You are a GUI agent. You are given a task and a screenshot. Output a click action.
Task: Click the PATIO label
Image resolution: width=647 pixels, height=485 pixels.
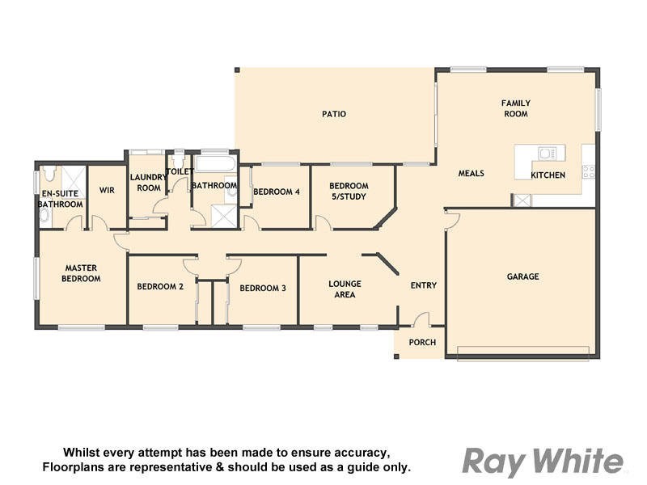[x=334, y=114]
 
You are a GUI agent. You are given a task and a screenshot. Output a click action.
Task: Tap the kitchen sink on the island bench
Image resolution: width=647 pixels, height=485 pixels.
[x=546, y=153]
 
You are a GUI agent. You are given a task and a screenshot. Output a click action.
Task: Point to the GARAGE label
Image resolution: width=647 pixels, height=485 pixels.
[x=522, y=276]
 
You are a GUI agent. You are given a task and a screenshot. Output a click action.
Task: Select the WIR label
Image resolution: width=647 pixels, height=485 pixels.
[x=107, y=191]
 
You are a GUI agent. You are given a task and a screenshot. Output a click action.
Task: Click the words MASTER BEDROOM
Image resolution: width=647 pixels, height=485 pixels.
[x=82, y=273]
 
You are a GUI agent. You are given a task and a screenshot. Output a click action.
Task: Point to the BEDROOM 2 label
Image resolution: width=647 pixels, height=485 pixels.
[x=160, y=287]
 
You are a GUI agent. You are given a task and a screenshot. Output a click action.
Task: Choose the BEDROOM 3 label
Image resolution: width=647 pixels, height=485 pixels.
[x=264, y=288]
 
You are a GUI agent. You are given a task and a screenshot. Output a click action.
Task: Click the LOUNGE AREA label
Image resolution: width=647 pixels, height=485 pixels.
[x=345, y=289]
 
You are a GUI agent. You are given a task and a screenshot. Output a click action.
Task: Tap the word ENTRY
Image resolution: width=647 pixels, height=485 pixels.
[x=423, y=285]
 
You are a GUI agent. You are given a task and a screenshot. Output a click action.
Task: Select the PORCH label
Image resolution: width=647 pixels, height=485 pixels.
[x=422, y=343]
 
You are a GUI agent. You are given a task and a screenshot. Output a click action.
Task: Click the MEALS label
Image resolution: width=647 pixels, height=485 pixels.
[x=472, y=174]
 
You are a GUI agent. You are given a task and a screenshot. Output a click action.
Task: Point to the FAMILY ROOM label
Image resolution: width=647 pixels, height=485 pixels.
[x=515, y=108]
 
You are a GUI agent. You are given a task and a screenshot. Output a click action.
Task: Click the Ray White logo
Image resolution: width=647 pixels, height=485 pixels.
[x=543, y=462]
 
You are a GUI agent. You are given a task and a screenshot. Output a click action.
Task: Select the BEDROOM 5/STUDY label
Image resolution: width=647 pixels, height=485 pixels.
[x=349, y=191]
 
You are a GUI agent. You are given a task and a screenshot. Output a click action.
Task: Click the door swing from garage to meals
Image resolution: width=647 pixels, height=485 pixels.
[x=452, y=219]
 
